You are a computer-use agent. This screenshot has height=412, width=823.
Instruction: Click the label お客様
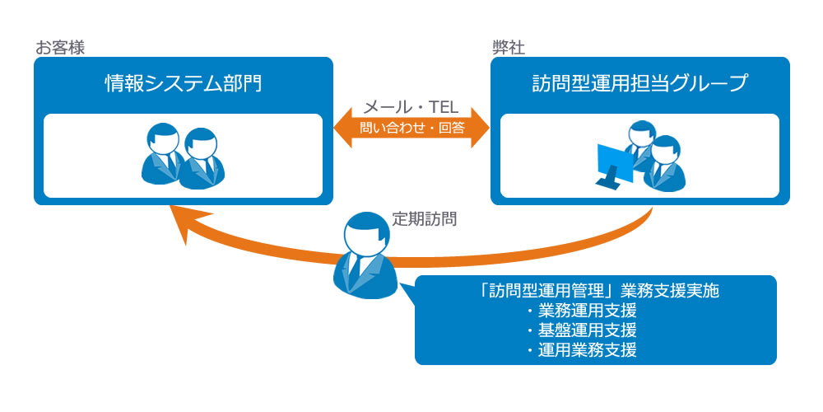click(x=60, y=48)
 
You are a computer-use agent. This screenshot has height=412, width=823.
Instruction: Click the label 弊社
click(x=508, y=48)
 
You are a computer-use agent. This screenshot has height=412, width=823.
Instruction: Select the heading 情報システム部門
click(x=184, y=84)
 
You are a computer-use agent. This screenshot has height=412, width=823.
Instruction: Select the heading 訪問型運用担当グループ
click(x=639, y=84)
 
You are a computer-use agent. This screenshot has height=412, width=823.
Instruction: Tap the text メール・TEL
click(x=411, y=108)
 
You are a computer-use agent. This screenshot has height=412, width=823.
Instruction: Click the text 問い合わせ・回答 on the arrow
click(x=411, y=129)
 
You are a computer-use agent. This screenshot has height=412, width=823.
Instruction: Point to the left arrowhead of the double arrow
click(x=345, y=129)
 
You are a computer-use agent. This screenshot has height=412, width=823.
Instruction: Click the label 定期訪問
click(x=425, y=220)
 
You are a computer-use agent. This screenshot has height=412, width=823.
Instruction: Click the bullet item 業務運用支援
click(x=582, y=311)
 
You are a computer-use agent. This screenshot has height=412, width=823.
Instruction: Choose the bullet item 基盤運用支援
click(x=582, y=330)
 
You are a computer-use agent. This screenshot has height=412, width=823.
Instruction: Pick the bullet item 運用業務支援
click(x=582, y=350)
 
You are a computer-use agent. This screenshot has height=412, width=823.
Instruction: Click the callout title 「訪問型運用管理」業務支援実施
click(x=595, y=291)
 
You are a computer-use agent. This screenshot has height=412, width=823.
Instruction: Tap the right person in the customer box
click(x=202, y=157)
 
